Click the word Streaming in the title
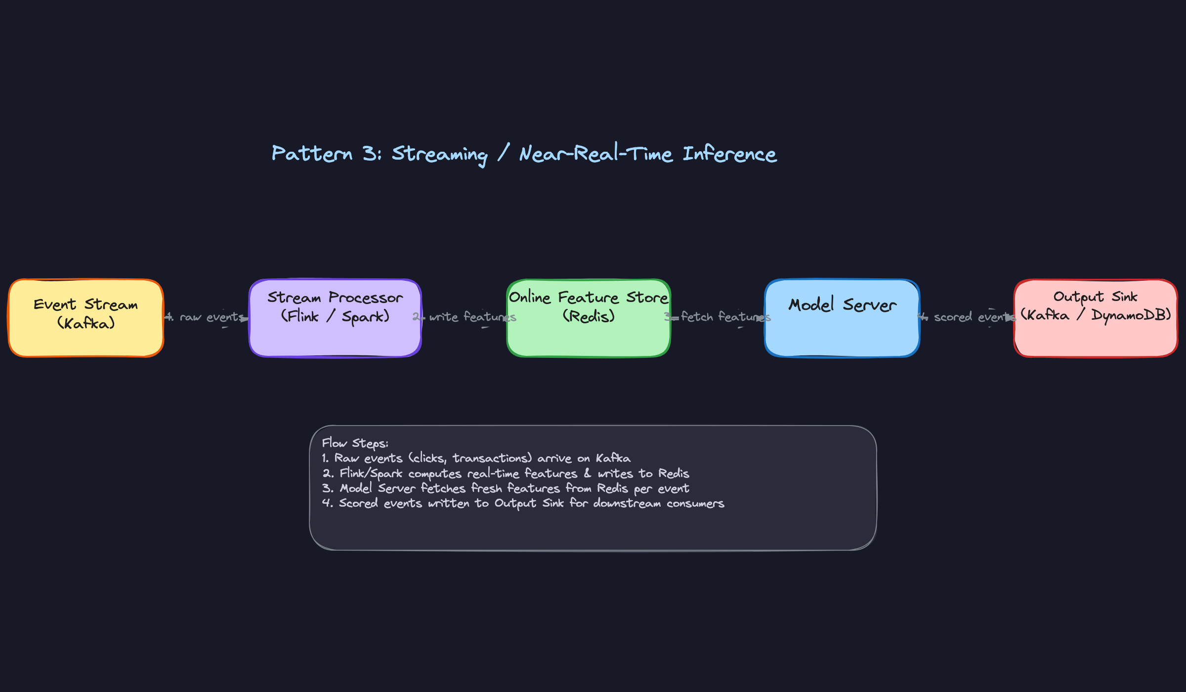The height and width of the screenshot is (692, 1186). click(439, 154)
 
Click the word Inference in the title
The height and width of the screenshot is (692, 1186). click(729, 154)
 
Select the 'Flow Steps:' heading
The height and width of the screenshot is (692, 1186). click(355, 443)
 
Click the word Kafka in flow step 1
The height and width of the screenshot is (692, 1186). click(613, 458)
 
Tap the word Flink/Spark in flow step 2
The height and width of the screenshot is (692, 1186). click(371, 474)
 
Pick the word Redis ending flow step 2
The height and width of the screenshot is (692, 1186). click(674, 474)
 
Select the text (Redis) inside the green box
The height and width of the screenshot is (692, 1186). click(588, 316)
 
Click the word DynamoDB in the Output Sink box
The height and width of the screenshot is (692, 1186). click(1130, 315)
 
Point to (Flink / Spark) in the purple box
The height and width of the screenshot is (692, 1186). click(335, 316)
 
